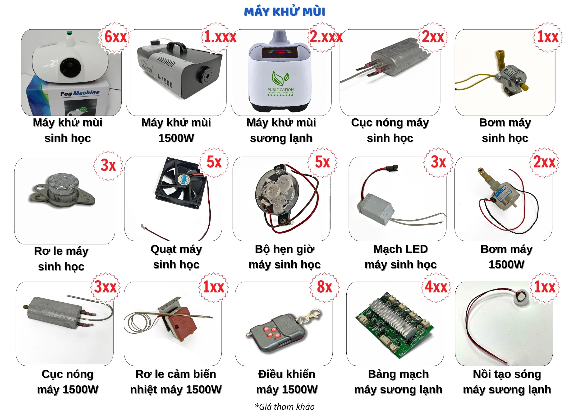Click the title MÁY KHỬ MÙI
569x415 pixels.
(284, 12)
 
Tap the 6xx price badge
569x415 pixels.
(115, 37)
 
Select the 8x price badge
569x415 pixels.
(324, 287)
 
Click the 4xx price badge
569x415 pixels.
(436, 287)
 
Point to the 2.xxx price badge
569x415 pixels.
(326, 37)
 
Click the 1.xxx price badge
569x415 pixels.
(220, 37)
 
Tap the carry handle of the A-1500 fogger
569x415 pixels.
(177, 47)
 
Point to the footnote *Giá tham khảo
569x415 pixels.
(284, 406)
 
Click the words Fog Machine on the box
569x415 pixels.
(80, 93)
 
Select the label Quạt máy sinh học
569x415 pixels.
(176, 257)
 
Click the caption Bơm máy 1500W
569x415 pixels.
(506, 257)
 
